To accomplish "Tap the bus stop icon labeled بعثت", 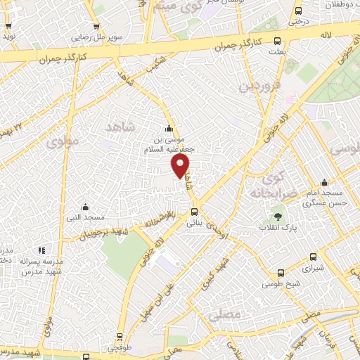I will (278, 40).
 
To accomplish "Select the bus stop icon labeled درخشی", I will (299, 11).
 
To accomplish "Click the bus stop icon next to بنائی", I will (194, 211).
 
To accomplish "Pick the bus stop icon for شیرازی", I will (312, 257).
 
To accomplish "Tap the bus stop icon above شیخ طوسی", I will (281, 274).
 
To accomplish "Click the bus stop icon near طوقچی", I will (120, 337).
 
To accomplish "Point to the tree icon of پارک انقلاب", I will (278, 216).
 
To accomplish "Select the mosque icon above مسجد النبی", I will (85, 207).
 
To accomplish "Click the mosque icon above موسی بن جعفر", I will (168, 129).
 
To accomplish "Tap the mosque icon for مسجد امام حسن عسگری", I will (324, 182).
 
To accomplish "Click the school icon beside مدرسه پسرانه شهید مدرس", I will (42, 250).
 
